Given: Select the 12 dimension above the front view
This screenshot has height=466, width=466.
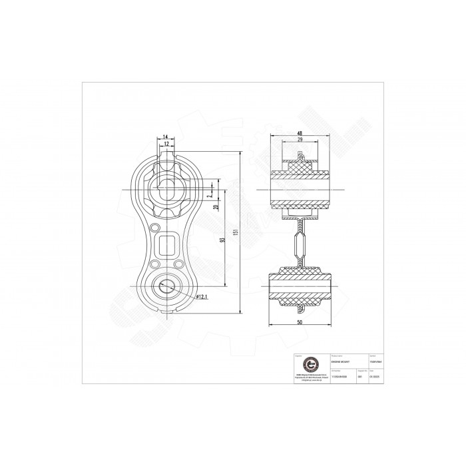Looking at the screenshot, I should pyautogui.click(x=165, y=144).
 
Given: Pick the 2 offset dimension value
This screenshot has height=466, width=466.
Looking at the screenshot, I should pyautogui.click(x=209, y=196).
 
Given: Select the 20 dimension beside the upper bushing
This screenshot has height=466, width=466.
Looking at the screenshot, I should pyautogui.click(x=215, y=207).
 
